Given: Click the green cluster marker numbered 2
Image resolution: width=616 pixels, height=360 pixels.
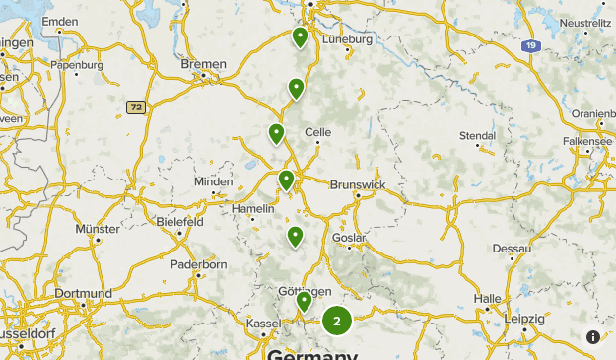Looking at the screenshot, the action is [x=337, y=320].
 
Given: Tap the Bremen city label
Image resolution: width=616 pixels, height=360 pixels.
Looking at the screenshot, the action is [x=204, y=64].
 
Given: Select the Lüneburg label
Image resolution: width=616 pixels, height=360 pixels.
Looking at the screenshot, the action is [x=347, y=39].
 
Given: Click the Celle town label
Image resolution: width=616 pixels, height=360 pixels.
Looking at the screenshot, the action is [x=317, y=132].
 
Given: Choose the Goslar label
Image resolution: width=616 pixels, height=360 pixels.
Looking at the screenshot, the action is [x=350, y=238].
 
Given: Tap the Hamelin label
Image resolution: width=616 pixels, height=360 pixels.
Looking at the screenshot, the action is [x=251, y=208].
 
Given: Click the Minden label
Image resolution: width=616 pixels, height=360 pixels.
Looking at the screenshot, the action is [x=214, y=182].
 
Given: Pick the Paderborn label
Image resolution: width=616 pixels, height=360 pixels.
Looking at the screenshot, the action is [x=198, y=264].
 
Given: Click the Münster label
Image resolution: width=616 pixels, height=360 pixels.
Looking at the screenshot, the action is [x=98, y=229].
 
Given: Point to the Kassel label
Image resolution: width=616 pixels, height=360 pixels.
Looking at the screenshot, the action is [x=263, y=324].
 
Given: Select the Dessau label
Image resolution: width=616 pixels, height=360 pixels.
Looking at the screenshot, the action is [x=512, y=248].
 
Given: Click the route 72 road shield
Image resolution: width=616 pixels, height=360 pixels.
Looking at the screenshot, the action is [x=136, y=107].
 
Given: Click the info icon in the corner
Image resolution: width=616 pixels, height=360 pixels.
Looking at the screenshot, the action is [x=593, y=337].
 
